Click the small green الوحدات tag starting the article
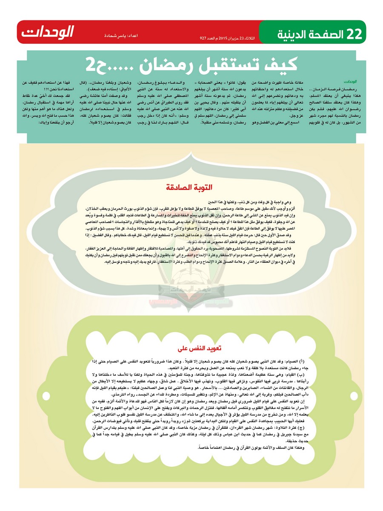click(x=350, y=81)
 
